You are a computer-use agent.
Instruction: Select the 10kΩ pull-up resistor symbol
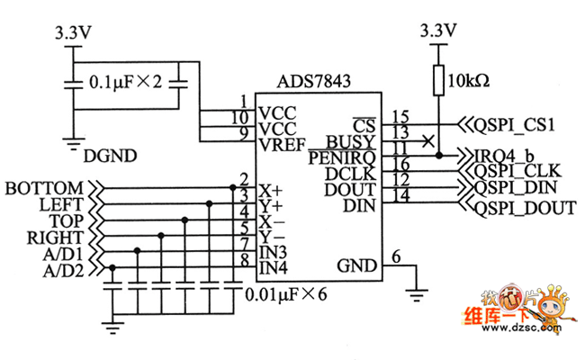click(438, 79)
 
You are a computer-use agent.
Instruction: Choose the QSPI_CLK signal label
click(517, 171)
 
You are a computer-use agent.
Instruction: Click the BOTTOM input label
click(44, 188)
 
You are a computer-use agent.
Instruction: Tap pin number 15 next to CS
click(400, 116)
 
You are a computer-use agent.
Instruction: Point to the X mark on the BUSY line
click(427, 140)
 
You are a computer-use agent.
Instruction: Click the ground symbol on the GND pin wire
click(416, 290)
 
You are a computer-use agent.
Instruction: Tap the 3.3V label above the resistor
click(438, 31)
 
